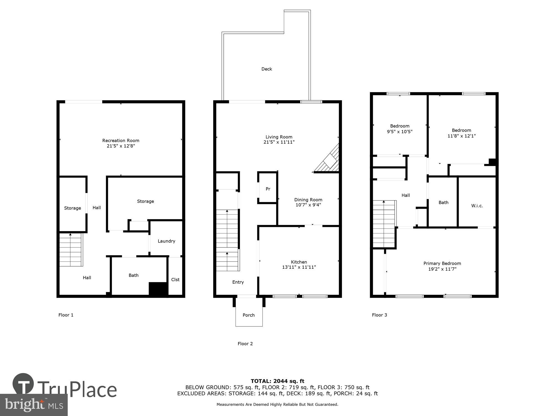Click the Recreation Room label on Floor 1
point(121,141)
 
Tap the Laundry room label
point(166,241)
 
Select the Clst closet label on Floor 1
point(175,280)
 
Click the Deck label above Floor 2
point(266,69)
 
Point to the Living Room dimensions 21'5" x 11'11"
point(279,142)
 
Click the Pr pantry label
point(268,189)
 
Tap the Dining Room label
point(308,200)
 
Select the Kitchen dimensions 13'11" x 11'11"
point(299,267)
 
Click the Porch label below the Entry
point(248,315)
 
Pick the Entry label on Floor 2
point(238,282)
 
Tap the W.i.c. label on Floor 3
point(477,206)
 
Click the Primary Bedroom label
point(442,263)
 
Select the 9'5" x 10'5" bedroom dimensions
point(400,132)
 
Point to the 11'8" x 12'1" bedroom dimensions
point(461,136)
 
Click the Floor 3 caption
point(379,315)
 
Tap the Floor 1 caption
point(66,315)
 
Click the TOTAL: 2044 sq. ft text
point(277,381)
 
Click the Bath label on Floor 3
point(443,202)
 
